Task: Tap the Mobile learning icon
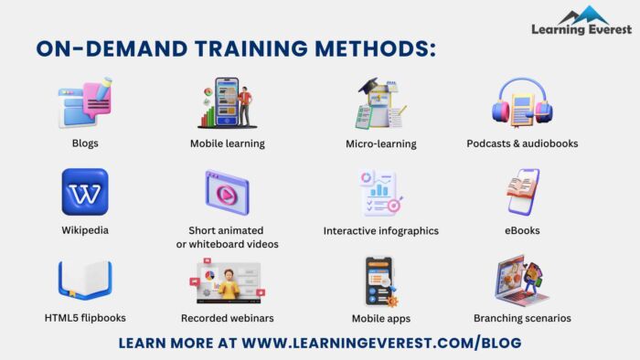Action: pos(227,102)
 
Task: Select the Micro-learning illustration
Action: pos(380,102)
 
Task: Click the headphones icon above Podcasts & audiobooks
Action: pos(522,102)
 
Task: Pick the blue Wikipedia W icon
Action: pos(85,192)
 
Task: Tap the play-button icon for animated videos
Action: pos(227,192)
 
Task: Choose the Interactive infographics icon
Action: pos(381,192)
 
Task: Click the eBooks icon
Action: pos(522,191)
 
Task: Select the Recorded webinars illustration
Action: pos(228,282)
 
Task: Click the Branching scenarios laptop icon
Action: pos(522,281)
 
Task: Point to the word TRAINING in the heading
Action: pos(223,48)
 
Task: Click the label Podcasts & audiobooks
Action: pos(522,143)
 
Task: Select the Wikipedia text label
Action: pos(85,230)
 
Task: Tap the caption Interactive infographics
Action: pos(381,231)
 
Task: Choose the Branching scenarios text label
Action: pos(522,319)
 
